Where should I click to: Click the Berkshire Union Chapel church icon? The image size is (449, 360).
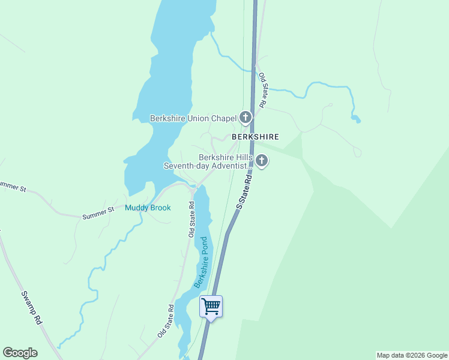[246, 118]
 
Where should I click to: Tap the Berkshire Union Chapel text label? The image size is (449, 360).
[194, 118]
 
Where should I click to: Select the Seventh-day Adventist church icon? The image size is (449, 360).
[261, 160]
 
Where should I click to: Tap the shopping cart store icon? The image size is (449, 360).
[211, 307]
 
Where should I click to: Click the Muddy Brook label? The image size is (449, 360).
[148, 208]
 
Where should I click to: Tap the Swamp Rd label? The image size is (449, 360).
[31, 308]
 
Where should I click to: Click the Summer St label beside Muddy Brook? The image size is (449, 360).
[98, 212]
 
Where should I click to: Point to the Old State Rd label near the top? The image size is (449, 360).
[262, 91]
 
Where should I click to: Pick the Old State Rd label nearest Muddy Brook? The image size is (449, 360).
[191, 219]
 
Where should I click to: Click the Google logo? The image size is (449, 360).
[20, 353]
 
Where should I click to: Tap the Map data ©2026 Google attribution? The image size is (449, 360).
[412, 355]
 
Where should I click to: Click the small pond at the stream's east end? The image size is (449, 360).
[356, 118]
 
